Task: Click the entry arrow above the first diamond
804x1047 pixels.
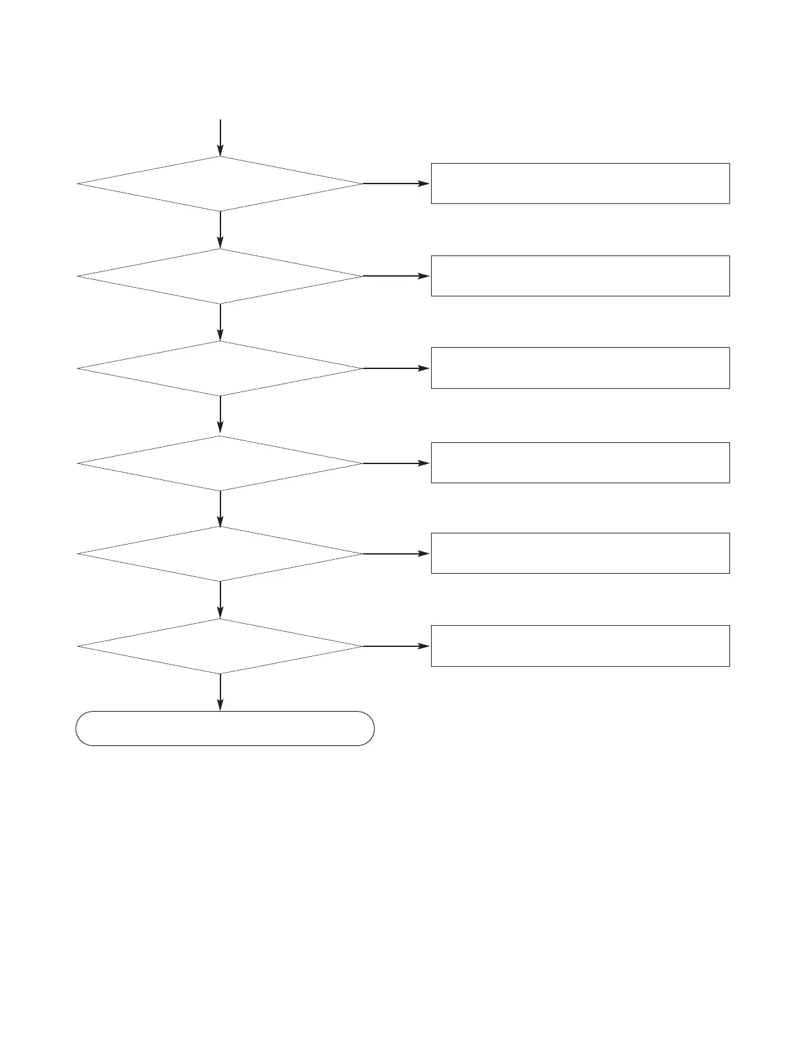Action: tap(220, 137)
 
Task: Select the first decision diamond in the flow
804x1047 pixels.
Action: tap(220, 184)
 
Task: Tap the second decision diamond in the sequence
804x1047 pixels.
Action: tap(220, 276)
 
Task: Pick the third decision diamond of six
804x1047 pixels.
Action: tap(220, 368)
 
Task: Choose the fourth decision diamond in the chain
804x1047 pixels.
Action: tap(220, 463)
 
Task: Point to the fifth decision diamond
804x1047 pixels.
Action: tap(220, 554)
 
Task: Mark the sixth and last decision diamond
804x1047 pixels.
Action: tap(220, 646)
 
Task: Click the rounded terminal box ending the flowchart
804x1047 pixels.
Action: tap(225, 728)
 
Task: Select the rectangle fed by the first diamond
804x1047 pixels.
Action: tap(580, 184)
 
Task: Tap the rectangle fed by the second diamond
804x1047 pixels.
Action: tap(580, 276)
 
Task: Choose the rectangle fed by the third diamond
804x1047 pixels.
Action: tap(580, 368)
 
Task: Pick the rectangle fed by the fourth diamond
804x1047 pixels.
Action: tap(580, 463)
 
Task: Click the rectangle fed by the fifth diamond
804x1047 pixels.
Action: tap(580, 553)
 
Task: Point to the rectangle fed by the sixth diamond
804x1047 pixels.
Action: tap(580, 646)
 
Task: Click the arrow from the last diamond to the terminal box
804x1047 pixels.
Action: tap(220, 692)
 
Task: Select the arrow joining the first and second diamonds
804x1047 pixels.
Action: tap(220, 230)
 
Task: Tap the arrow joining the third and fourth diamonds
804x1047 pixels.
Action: tap(220, 415)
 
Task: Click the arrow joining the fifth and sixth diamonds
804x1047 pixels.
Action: tap(220, 599)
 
